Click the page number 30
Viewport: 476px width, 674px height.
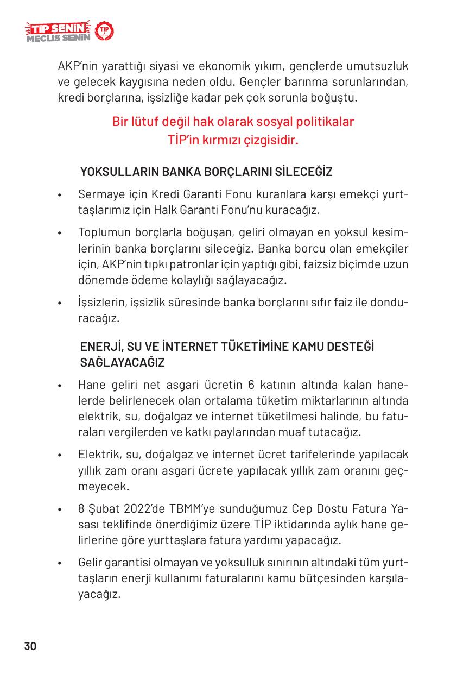pyautogui.click(x=30, y=646)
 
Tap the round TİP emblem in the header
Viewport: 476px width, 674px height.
pyautogui.click(x=104, y=32)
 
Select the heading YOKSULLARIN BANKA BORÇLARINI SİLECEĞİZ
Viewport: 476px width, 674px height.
pyautogui.click(x=206, y=172)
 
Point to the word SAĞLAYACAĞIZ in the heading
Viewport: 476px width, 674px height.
pyautogui.click(x=122, y=362)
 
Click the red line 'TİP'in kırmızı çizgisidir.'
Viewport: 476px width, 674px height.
pyautogui.click(x=233, y=140)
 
